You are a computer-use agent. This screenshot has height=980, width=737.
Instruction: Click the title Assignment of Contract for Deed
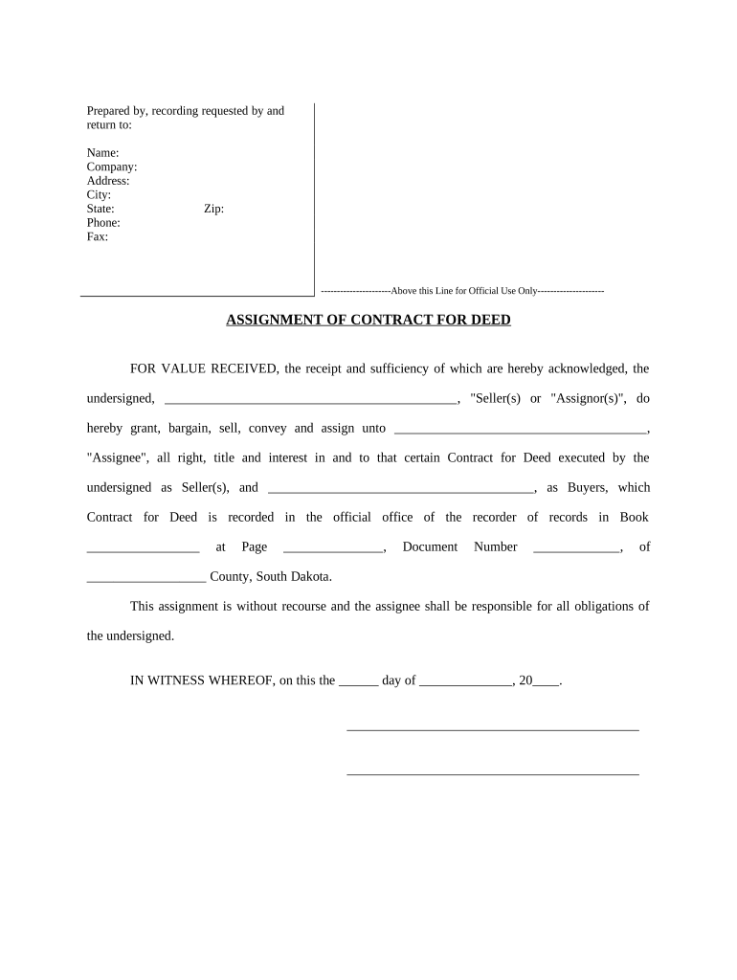point(368,320)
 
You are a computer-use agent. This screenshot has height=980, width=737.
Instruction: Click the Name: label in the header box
point(103,153)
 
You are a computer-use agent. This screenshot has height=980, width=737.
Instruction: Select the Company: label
point(112,167)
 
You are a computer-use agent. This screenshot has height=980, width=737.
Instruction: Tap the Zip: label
point(214,209)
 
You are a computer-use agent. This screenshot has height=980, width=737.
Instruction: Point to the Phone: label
point(103,223)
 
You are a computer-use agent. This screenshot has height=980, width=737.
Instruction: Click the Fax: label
point(98,236)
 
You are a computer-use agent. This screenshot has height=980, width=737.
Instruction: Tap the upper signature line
point(492,729)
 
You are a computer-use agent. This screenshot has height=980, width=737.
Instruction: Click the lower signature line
point(492,772)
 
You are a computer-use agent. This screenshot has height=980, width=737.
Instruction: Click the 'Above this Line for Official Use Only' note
point(463,291)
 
